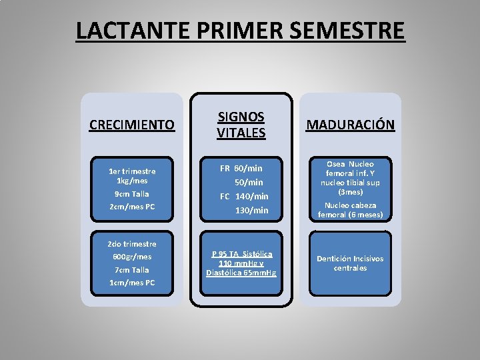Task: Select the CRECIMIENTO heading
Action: coord(132,125)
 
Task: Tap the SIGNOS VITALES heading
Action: coord(241,125)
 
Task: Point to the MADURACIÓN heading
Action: coord(350,125)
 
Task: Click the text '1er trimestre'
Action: coord(132,171)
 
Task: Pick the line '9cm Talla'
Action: coord(132,193)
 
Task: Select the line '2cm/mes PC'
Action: coord(132,207)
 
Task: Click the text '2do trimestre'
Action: coord(132,243)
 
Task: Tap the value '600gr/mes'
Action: coord(132,257)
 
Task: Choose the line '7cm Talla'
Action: coord(132,269)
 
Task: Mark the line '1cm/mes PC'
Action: coord(132,283)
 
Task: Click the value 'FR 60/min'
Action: coord(241,168)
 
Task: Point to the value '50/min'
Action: coord(249,182)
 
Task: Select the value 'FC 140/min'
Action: coord(244,196)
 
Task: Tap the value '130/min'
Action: coord(251,210)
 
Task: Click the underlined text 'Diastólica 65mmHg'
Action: coord(241,273)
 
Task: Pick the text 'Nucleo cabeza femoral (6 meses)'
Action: coord(350,210)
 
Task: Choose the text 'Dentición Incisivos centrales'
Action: coord(350,263)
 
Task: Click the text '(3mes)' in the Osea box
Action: coord(350,191)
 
